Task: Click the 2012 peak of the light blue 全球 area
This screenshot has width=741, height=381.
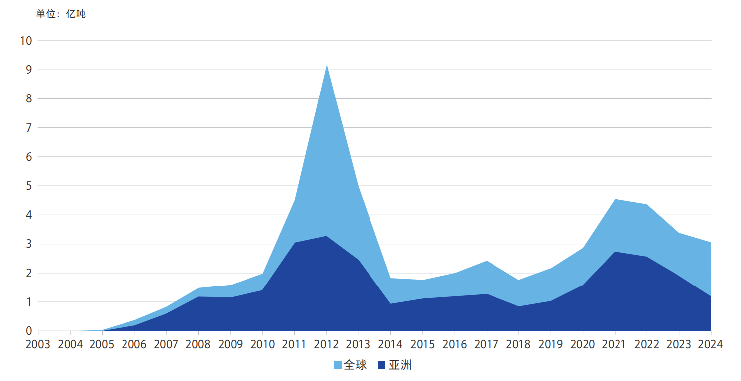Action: (x=327, y=65)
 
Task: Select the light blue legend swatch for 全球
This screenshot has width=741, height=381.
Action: (x=338, y=366)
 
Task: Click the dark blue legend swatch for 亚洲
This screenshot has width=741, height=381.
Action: (x=382, y=366)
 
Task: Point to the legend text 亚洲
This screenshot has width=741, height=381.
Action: (x=400, y=365)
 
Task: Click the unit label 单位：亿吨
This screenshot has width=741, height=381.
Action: (x=61, y=14)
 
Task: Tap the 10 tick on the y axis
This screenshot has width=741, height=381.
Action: (x=26, y=41)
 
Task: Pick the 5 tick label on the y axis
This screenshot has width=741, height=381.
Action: (x=28, y=186)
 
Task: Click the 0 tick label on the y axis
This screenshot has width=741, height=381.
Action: (x=28, y=331)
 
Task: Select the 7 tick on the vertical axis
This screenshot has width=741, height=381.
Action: (x=28, y=128)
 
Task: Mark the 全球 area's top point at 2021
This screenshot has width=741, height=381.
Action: (x=615, y=199)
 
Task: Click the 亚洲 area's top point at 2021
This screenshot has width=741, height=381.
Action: (x=615, y=252)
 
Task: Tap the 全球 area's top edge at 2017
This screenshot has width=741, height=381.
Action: (x=487, y=261)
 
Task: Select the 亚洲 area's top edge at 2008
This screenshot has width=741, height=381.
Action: (x=199, y=297)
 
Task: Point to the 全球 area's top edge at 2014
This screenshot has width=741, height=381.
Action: (x=391, y=278)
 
